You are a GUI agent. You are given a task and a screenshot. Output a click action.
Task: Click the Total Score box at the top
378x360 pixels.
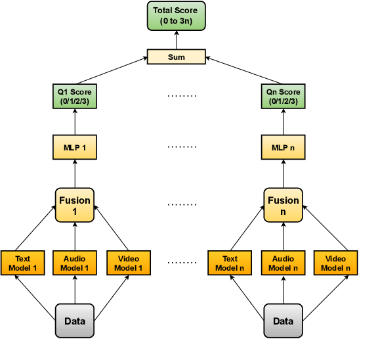(176, 16)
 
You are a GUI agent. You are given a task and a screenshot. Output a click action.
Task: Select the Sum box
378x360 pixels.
(176, 57)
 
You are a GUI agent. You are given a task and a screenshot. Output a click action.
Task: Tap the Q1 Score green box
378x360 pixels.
(74, 97)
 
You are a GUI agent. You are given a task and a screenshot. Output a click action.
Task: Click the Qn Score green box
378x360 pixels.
(283, 97)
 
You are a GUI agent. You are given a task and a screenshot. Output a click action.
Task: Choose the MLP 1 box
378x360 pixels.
(74, 147)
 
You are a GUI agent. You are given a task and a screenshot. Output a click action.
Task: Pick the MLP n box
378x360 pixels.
(283, 147)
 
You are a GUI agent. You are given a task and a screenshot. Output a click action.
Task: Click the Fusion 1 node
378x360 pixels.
(74, 205)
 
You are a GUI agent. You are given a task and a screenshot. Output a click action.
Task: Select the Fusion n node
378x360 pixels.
(283, 205)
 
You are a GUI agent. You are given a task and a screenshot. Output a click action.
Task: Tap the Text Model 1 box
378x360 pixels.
(22, 263)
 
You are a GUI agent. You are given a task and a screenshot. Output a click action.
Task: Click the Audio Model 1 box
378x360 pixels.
(74, 263)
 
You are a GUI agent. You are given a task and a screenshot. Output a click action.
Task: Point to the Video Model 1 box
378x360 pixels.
(129, 263)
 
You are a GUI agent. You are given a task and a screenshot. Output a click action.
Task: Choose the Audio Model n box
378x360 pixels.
(283, 263)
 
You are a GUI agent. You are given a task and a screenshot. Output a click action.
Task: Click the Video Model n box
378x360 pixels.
(336, 263)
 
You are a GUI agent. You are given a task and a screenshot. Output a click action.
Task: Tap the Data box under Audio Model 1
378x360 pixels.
(74, 321)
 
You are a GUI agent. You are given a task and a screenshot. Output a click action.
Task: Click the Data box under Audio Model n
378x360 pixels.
(283, 321)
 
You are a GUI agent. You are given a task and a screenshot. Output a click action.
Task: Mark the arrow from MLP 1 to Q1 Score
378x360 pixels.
(74, 122)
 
